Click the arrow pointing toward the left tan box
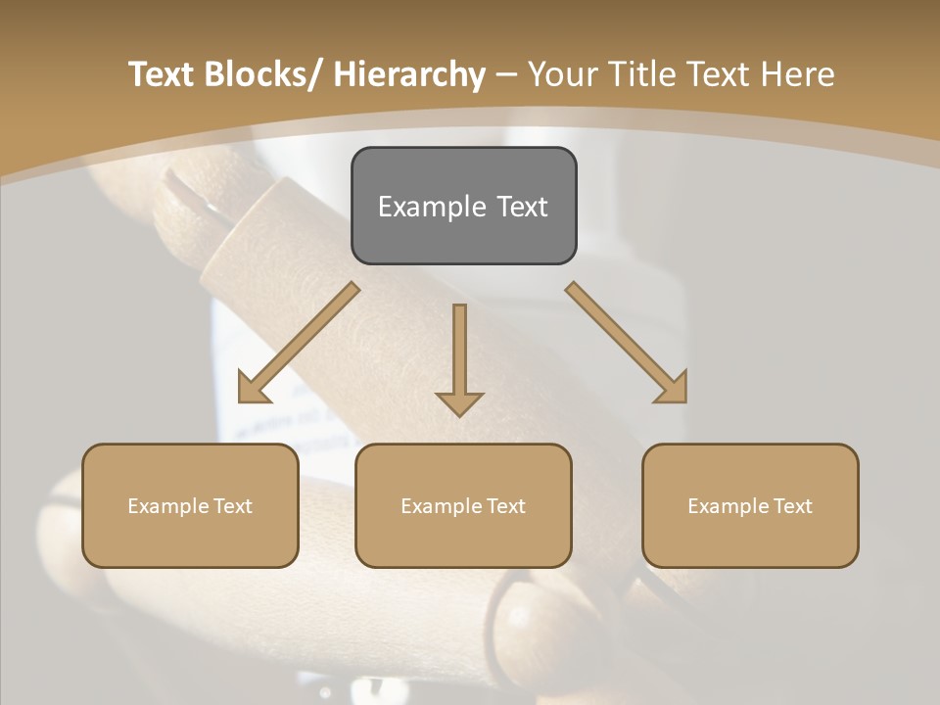point(298,344)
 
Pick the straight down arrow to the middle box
point(459,357)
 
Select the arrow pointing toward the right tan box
point(627,344)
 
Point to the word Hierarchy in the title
point(409,74)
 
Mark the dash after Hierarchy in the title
point(506,76)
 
